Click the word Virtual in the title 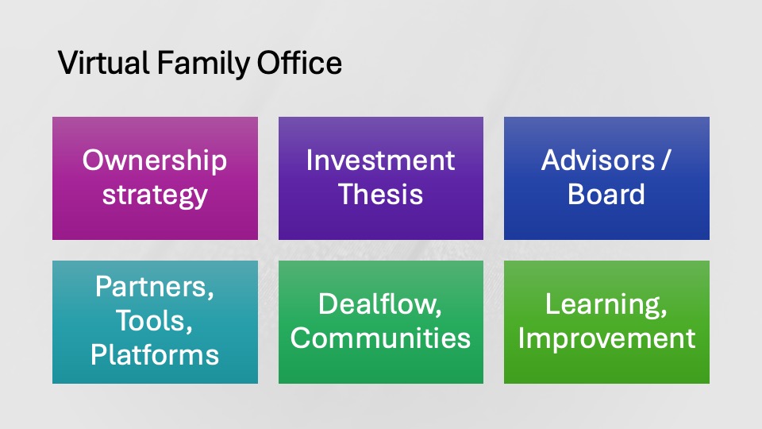pyautogui.click(x=103, y=63)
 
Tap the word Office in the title pyautogui.click(x=299, y=63)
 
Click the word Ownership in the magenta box pyautogui.click(x=155, y=161)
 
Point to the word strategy pyautogui.click(x=155, y=195)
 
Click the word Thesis pyautogui.click(x=380, y=194)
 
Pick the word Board pyautogui.click(x=606, y=194)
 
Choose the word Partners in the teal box pyautogui.click(x=155, y=287)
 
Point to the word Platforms pyautogui.click(x=155, y=354)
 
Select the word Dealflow pyautogui.click(x=380, y=304)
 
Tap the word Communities pyautogui.click(x=380, y=338)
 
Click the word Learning pyautogui.click(x=606, y=305)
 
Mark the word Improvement pyautogui.click(x=606, y=339)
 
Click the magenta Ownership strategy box pyautogui.click(x=155, y=178)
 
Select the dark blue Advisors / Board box pyautogui.click(x=606, y=178)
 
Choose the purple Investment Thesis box pyautogui.click(x=380, y=178)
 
